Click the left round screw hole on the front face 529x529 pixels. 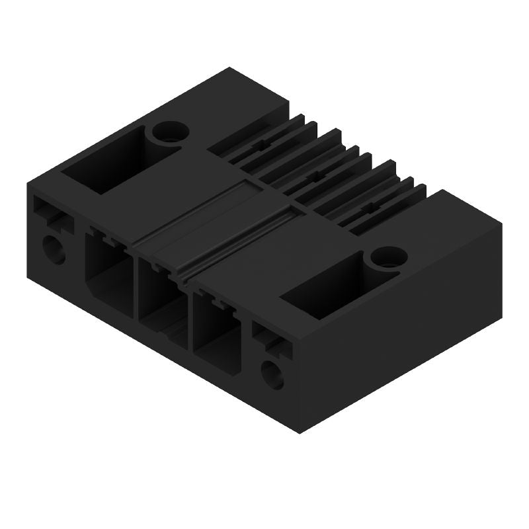coord(53,250)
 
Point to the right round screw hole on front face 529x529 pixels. coord(272,374)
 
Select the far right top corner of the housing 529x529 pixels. coord(501,225)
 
